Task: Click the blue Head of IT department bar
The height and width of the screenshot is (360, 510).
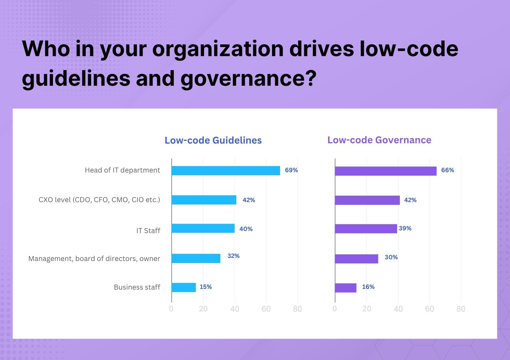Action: click(225, 170)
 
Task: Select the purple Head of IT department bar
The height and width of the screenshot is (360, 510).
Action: click(386, 171)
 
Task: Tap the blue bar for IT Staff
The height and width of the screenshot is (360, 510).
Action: click(203, 228)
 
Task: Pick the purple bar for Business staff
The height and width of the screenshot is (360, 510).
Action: click(345, 288)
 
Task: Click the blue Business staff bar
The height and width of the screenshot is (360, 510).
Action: click(184, 288)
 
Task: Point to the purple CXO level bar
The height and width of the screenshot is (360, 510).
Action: click(367, 200)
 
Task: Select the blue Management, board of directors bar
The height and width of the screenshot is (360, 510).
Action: click(196, 258)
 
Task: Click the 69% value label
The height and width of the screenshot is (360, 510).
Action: click(291, 170)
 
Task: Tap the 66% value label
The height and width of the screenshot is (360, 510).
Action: click(447, 170)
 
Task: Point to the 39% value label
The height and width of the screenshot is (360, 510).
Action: click(405, 228)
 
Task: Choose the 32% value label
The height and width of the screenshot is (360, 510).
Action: click(234, 256)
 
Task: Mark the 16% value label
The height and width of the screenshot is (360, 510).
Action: click(368, 287)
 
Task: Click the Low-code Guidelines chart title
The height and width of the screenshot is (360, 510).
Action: click(213, 140)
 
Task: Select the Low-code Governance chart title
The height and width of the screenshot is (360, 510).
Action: click(379, 140)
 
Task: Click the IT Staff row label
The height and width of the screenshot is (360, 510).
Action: click(148, 231)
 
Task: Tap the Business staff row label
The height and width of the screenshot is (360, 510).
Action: click(137, 287)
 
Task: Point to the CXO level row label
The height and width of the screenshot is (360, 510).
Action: click(99, 200)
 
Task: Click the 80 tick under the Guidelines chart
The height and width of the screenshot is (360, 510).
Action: click(297, 309)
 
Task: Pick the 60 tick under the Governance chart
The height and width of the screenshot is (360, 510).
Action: click(429, 309)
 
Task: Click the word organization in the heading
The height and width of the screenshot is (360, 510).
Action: click(218, 49)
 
